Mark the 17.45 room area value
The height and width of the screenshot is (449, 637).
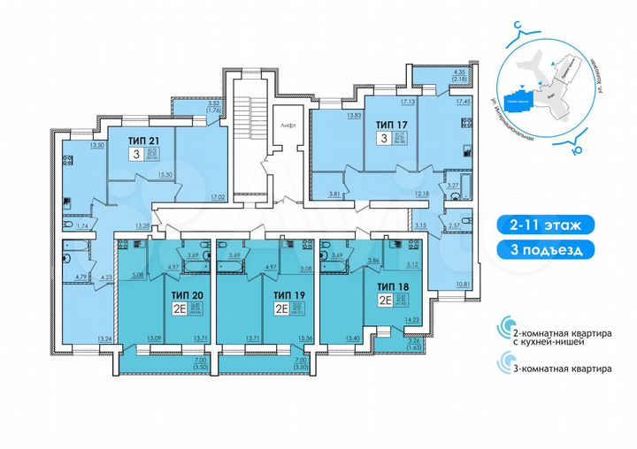pos(463,102)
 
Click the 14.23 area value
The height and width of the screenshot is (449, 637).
pos(410,323)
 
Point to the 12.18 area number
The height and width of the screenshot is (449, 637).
pos(421,194)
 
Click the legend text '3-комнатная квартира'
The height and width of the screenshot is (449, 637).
pos(556,369)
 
